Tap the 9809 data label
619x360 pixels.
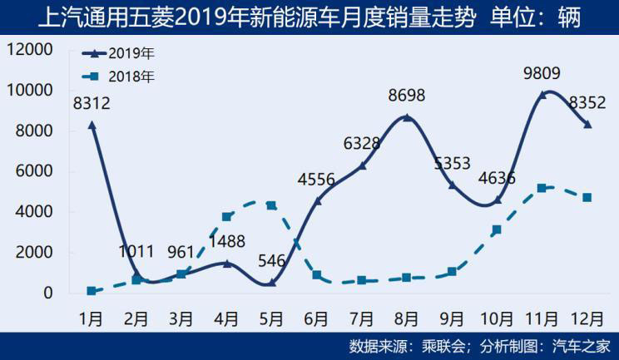tap(542, 73)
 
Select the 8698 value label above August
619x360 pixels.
tap(406, 96)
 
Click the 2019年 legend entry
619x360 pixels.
tap(132, 53)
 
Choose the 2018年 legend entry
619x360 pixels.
tap(132, 76)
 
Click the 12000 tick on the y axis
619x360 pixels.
tap(30, 49)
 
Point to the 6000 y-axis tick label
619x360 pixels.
tap(35, 171)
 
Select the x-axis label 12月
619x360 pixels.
tap(587, 318)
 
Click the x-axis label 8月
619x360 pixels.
tap(406, 318)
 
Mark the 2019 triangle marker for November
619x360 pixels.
tap(542, 94)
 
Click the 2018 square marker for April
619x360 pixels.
tap(226, 217)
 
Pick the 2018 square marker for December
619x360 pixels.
tap(587, 198)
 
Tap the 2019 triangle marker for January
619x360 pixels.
tap(92, 125)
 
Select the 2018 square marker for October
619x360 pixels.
tap(497, 229)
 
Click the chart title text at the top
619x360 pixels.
tap(309, 16)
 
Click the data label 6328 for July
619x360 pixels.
tap(361, 144)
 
